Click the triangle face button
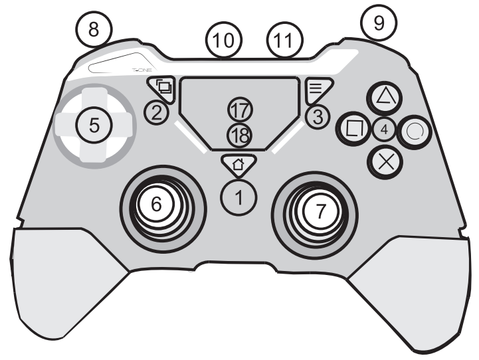[385, 98]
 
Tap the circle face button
[415, 132]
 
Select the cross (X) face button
[385, 162]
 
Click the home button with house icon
[239, 165]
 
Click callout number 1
[239, 197]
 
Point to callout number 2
[156, 113]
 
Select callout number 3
[318, 117]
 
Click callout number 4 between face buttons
[384, 130]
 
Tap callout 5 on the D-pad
[94, 125]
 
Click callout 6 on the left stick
[156, 204]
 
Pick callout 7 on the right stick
[320, 211]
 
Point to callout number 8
[94, 30]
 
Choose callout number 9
[379, 23]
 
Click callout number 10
[224, 40]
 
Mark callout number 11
[285, 40]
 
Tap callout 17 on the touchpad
[240, 110]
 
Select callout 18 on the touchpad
[240, 135]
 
